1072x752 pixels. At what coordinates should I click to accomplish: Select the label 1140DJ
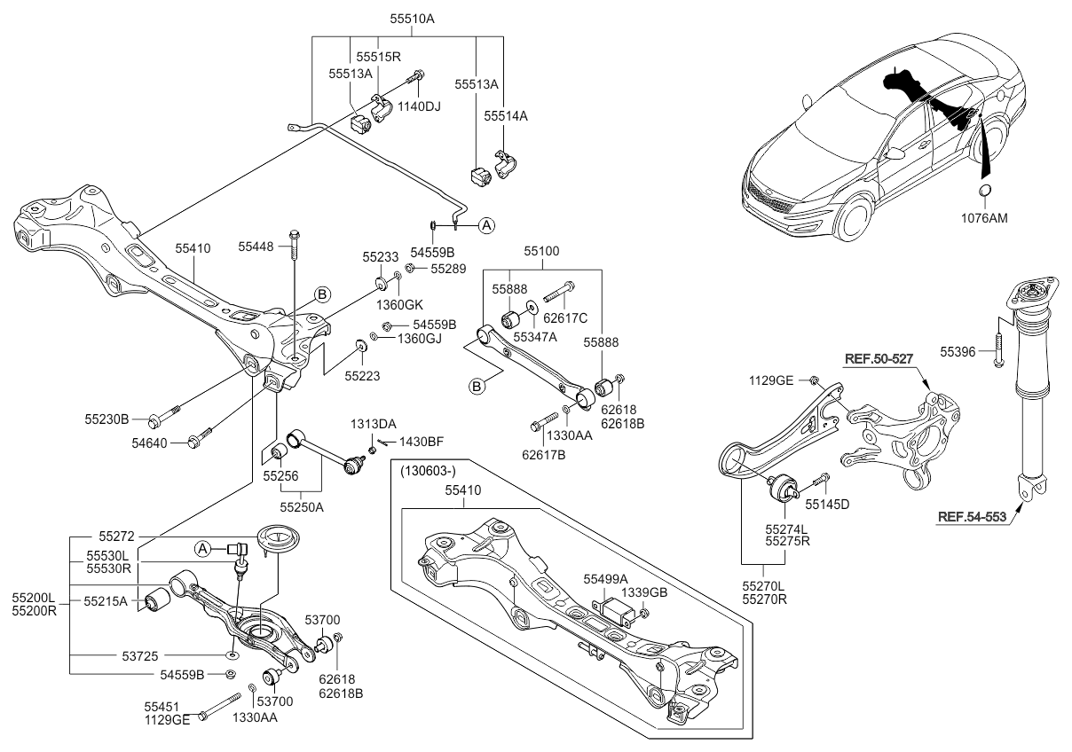point(420,106)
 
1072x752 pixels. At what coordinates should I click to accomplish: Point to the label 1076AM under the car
point(986,216)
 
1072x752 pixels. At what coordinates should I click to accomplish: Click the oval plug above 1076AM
point(985,194)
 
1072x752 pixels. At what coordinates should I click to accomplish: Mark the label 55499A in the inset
point(605,577)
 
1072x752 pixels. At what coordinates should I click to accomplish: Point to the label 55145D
point(827,504)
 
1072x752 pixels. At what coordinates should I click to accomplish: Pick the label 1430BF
point(421,441)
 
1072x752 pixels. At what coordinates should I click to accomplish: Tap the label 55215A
point(106,600)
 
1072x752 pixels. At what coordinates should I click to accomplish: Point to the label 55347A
point(536,336)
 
